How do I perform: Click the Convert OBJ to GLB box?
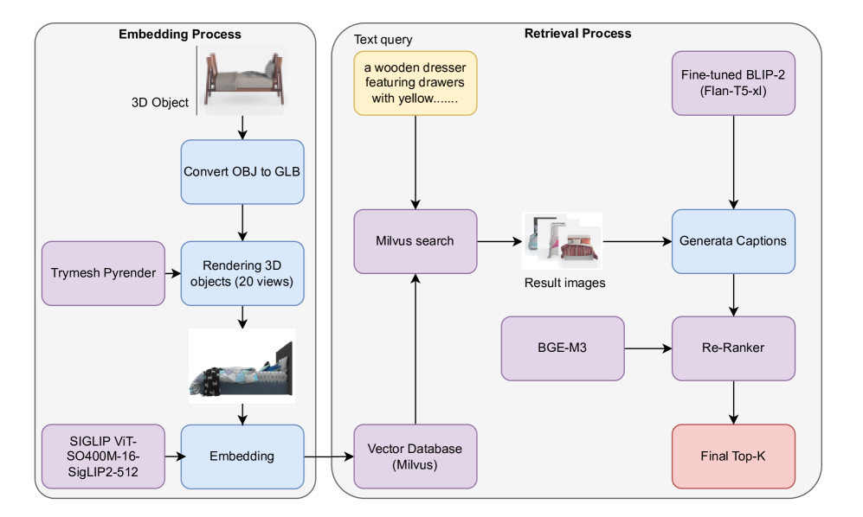tap(242, 171)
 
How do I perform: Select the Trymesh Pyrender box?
tap(103, 273)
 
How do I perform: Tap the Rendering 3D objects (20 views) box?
tap(242, 273)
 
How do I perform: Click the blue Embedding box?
tap(242, 456)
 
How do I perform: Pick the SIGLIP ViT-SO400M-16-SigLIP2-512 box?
tap(103, 456)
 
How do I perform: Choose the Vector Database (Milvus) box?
tap(415, 456)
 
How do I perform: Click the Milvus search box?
tap(415, 240)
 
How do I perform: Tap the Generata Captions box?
tap(733, 240)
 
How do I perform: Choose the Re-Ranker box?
tap(733, 348)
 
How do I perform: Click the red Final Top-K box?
tap(733, 456)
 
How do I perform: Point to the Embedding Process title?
tap(179, 35)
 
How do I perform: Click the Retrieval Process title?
tap(577, 34)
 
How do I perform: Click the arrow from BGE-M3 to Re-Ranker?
tap(648, 348)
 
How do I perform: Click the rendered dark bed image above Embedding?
tap(242, 366)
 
